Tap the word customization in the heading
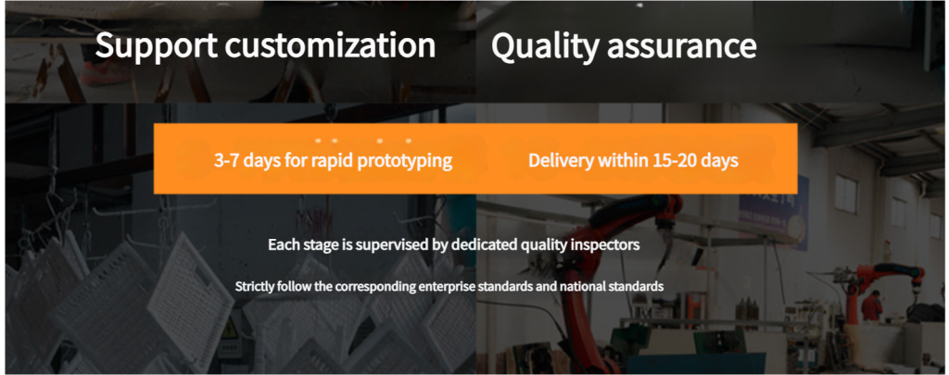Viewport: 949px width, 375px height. (x=331, y=44)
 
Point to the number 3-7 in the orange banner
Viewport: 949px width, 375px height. (x=226, y=160)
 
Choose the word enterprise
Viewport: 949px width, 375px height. (x=447, y=286)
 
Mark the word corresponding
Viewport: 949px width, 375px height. (x=374, y=286)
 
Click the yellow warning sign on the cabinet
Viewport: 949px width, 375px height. (x=230, y=331)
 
